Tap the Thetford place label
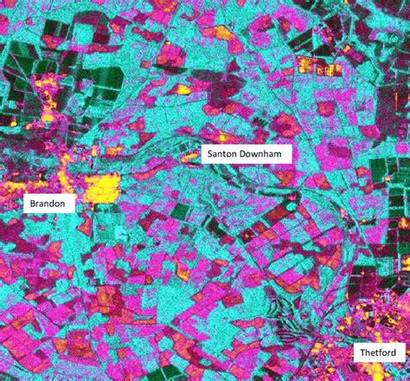[379, 353]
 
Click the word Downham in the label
[264, 154]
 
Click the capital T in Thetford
[362, 353]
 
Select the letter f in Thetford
[381, 353]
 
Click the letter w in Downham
[260, 154]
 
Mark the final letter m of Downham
[285, 154]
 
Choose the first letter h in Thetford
[368, 353]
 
